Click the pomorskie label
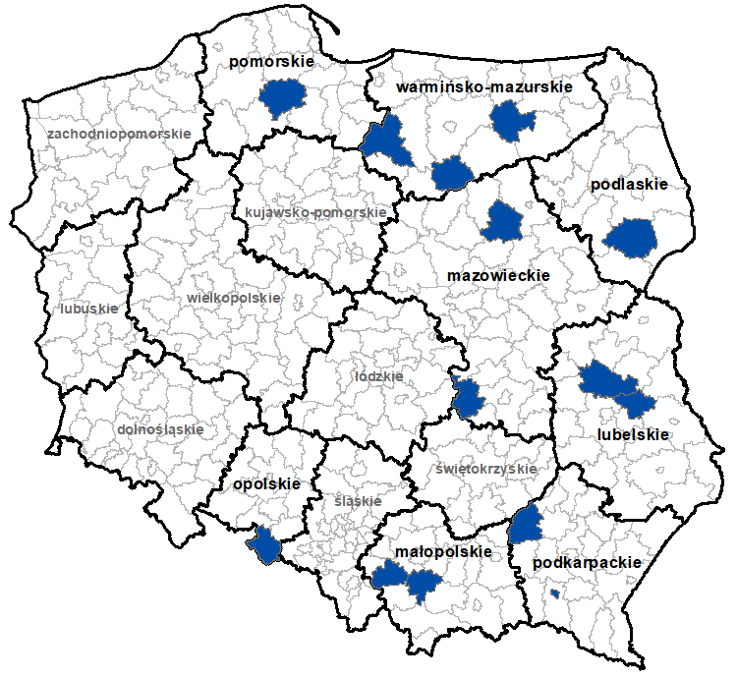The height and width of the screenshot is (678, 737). point(271,63)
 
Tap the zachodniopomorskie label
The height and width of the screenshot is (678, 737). point(119,133)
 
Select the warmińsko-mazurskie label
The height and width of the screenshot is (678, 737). point(484,88)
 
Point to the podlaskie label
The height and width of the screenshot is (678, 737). point(629,184)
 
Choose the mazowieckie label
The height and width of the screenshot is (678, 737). point(497,276)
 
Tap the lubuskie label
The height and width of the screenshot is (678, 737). point(88,309)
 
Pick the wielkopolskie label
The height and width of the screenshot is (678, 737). point(233,298)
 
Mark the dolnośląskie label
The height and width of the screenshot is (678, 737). point(160,429)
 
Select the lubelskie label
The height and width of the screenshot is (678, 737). point(633,434)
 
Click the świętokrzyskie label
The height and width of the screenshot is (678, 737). point(486,469)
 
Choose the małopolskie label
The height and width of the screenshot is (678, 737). point(442,552)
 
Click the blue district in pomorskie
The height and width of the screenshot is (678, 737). point(284,98)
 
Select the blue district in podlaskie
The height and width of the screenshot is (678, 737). point(630,239)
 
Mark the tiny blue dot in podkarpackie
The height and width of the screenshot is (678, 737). point(555,593)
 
